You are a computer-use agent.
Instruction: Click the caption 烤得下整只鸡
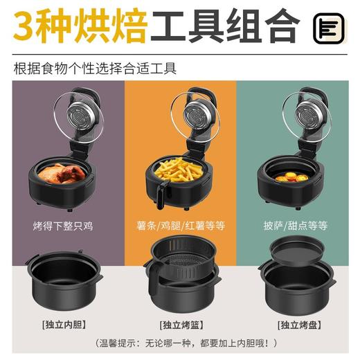60,226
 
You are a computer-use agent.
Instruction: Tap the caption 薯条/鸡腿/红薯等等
180,226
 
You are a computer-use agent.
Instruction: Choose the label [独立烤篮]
180,325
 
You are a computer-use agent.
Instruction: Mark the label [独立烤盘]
299,325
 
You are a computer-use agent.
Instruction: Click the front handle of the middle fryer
161,195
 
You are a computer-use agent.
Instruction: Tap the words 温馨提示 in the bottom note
117,343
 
